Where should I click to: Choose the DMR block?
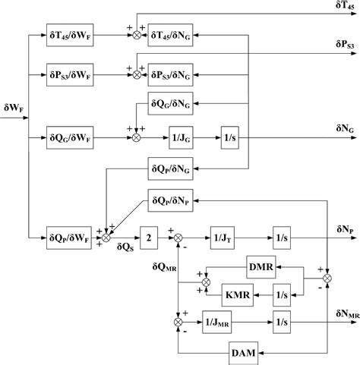click(x=261, y=267)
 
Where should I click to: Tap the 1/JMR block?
click(x=219, y=322)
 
